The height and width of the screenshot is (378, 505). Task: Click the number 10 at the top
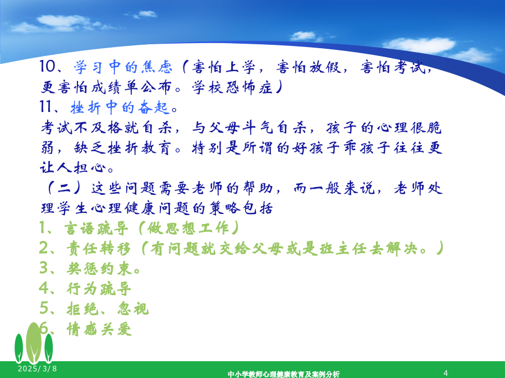[x=47, y=67]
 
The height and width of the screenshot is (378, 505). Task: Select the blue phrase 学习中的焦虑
[x=123, y=67]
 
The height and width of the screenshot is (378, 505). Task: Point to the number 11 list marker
[x=46, y=106]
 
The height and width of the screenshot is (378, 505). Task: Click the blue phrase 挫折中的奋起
[x=120, y=107]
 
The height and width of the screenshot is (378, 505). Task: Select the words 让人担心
[x=73, y=167]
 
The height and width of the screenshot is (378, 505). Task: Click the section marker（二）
[x=64, y=188]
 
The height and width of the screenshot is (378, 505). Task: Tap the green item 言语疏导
[x=96, y=228]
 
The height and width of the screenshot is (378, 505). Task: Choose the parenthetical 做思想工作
[x=189, y=228]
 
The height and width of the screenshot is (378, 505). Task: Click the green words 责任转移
[x=99, y=249]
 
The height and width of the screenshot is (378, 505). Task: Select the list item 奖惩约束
[x=99, y=269]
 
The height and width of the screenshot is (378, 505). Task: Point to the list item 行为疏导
[x=99, y=288]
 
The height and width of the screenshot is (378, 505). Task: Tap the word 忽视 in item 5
[x=133, y=309]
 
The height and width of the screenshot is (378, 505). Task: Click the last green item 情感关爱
[x=99, y=329]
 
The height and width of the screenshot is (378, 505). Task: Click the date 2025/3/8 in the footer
[x=38, y=368]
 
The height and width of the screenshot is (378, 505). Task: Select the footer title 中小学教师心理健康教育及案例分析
[x=284, y=374]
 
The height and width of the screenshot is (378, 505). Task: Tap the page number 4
[x=446, y=373]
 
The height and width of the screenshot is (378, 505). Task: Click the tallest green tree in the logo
[x=34, y=343]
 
